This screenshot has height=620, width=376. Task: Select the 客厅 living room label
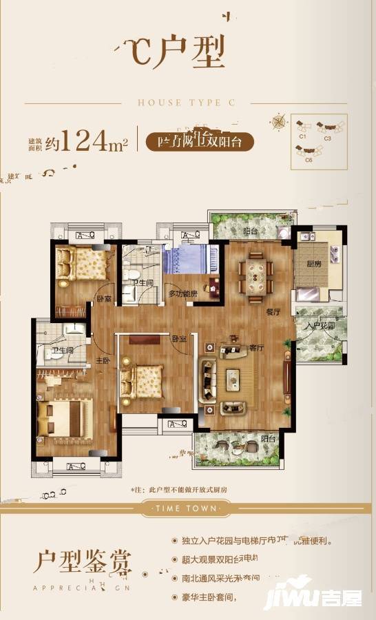[257, 348]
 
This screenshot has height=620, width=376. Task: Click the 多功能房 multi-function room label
[182, 293]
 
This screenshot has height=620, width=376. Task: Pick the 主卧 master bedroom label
[103, 360]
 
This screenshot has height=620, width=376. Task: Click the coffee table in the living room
[233, 376]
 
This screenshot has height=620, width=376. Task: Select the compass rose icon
[279, 123]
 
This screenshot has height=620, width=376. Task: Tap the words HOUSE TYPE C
[187, 103]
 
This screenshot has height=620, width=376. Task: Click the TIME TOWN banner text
[188, 509]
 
